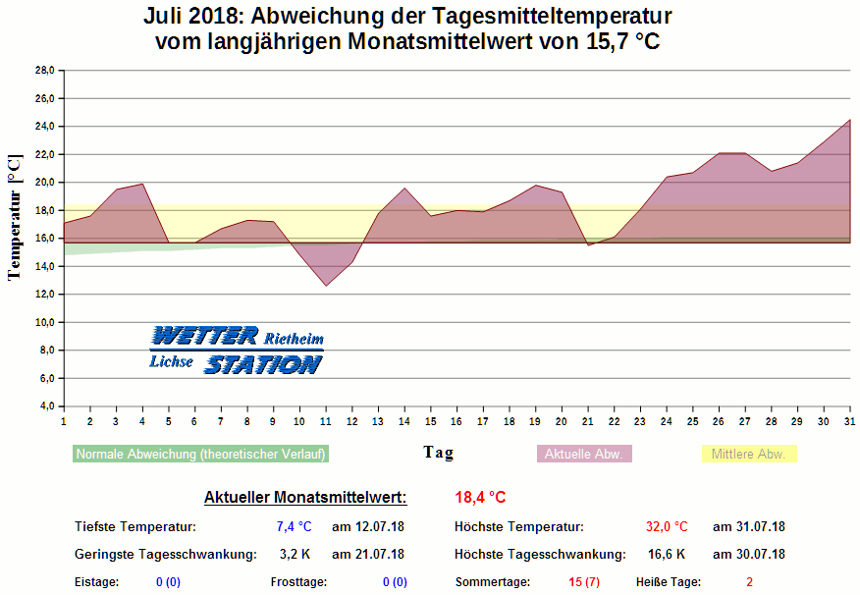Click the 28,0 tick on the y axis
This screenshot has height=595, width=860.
coord(45,71)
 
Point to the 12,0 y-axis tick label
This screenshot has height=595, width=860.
coord(45,295)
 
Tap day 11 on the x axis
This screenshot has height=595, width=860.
coord(325,421)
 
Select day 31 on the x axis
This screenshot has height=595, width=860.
coord(849,421)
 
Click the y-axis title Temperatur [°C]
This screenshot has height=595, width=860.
coord(15,217)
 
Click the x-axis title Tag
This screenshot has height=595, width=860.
coord(438,453)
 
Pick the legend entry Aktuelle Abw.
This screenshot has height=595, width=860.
coord(584,454)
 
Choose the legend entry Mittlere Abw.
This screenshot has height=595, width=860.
coord(748,454)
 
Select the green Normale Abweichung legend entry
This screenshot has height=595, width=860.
coord(201,454)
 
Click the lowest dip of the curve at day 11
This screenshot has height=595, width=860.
coord(326,286)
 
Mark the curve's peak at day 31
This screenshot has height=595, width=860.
coord(849,120)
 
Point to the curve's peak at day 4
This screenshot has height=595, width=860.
coord(142,184)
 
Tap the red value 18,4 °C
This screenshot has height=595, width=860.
coord(480,498)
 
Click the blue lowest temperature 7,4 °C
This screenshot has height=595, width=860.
coord(294,527)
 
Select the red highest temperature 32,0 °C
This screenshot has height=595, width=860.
coord(667,527)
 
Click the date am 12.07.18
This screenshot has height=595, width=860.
coord(368,527)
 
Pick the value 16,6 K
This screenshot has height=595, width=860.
coord(667,555)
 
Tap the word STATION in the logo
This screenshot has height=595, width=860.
coord(262,364)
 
